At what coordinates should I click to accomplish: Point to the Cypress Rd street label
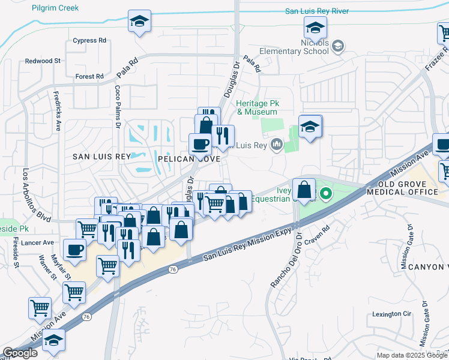coord(89,41)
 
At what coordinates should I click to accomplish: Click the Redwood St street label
coord(43,61)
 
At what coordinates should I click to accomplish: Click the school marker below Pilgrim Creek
coord(139,22)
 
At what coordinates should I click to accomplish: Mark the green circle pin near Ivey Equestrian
coord(326,193)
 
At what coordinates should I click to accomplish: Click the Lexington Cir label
coord(391,314)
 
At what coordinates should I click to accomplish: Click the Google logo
coord(20,353)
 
